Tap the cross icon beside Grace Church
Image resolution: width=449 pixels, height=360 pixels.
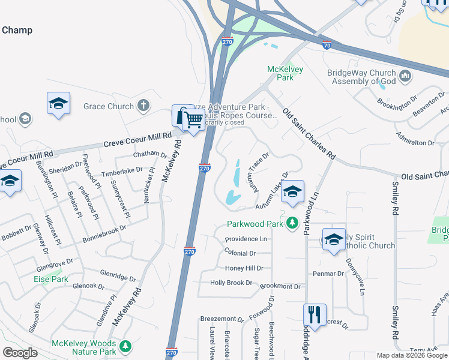(x=143, y=106)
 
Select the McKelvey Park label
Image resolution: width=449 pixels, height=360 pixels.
(x=285, y=73)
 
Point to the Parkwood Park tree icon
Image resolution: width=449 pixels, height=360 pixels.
(x=292, y=223)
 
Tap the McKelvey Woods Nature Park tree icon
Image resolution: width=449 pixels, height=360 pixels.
(x=125, y=346)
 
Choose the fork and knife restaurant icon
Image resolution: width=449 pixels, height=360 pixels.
(x=315, y=313)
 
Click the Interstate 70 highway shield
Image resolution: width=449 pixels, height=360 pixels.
(x=327, y=45)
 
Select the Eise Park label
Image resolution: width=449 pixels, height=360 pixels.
(x=51, y=279)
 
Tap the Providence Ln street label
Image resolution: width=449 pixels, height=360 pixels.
(x=246, y=239)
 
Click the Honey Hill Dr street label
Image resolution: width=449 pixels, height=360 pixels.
(x=244, y=268)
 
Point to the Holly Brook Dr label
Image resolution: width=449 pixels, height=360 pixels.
(x=231, y=283)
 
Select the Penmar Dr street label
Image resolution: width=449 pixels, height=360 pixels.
(x=328, y=274)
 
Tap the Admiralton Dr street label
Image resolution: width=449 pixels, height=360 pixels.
(x=415, y=143)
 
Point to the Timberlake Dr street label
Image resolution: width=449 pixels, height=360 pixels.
(x=122, y=170)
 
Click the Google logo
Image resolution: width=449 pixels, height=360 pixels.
(x=20, y=352)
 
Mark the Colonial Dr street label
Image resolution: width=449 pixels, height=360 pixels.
(x=240, y=254)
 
